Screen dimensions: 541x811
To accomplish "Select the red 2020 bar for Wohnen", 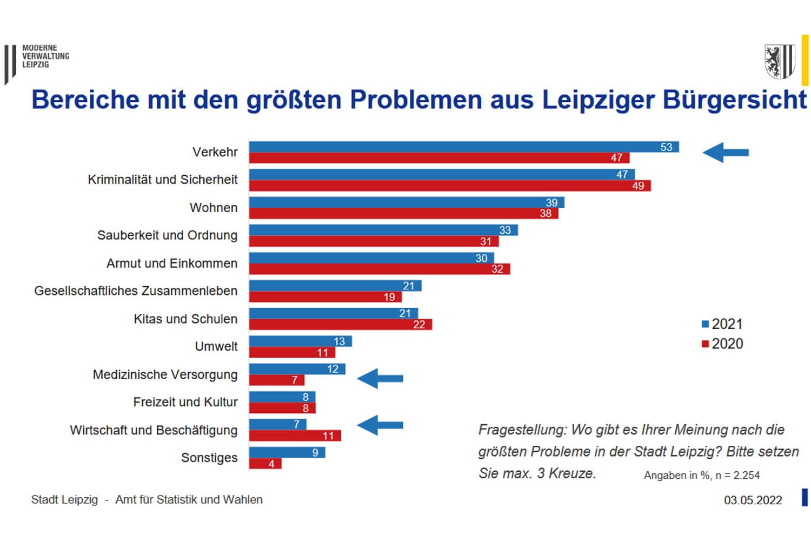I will tap(403, 214).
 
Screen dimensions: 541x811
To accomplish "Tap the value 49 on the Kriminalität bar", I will tap(638, 186).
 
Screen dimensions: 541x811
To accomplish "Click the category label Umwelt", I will tap(216, 346).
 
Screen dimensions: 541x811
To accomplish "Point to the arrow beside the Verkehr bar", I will tap(726, 153).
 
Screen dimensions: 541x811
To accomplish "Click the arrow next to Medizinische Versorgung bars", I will tap(380, 378).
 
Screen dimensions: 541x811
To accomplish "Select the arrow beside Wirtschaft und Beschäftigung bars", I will tap(380, 425).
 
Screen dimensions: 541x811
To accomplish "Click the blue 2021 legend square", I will tap(705, 324).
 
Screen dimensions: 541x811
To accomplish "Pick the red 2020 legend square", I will tap(705, 344).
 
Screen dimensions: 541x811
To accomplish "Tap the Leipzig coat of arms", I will tap(779, 62).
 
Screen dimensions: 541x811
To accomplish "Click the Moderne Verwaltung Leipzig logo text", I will tap(45, 56).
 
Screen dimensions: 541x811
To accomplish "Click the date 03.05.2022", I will tap(753, 500).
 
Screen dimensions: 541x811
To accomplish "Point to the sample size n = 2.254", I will tap(737, 476).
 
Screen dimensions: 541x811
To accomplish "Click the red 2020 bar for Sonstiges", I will tap(265, 464).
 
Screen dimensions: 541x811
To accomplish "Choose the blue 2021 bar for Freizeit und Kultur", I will tap(282, 397).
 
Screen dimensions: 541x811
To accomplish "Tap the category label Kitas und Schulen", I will tap(185, 319).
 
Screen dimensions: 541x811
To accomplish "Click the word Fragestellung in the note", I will tap(522, 430).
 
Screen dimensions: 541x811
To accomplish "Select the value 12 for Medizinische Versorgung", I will tap(333, 369).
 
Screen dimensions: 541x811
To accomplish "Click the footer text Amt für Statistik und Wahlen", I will tap(189, 500).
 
